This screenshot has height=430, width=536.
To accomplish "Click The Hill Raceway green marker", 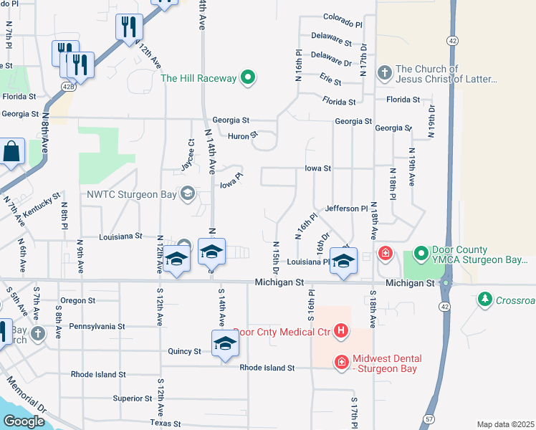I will pos(248,78).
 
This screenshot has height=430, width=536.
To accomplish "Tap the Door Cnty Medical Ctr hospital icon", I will pos(342,331).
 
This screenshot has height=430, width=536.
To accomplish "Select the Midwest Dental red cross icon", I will pos(342,363).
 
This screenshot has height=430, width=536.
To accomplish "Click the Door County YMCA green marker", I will pos(421,255).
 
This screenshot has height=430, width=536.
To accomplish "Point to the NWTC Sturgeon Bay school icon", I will pos(188,193).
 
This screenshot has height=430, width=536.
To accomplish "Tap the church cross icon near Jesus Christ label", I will pos(384,74).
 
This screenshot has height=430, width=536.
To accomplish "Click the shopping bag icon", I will pos(11,152).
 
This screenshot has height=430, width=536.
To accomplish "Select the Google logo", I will pos(24,421).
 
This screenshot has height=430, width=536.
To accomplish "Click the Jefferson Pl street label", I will pos(346,209).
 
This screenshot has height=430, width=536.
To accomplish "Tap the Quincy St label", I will pos(185,351).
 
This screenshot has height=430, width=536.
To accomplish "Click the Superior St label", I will pos(128,398).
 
